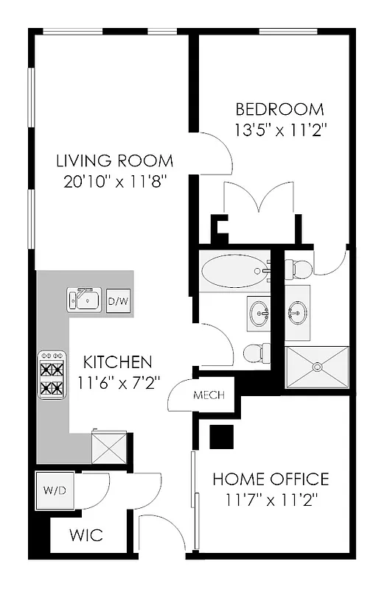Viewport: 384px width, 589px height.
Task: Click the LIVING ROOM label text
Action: pos(115,161)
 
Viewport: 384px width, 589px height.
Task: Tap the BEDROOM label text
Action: pos(279,110)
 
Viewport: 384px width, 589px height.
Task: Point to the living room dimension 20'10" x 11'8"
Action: pos(115,181)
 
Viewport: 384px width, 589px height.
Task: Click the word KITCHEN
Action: pos(117,362)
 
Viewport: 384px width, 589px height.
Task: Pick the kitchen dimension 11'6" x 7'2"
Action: pos(117,383)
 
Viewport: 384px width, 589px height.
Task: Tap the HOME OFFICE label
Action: pos(270,479)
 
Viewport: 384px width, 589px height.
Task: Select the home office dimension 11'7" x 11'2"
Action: pos(270,499)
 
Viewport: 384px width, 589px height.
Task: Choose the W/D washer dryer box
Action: pos(55,489)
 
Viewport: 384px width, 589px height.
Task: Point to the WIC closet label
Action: pos(87,535)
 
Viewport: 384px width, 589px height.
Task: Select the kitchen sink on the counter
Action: pos(84,299)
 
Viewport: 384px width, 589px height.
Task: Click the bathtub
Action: pos(234,271)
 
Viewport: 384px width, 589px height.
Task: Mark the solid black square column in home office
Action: pos(220,437)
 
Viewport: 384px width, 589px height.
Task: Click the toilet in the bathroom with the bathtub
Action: pos(254,354)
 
